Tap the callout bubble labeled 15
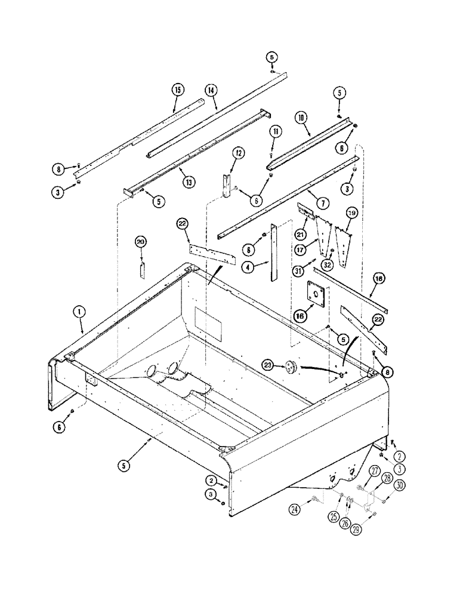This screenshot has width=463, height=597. (177, 90)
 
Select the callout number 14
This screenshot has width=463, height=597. (211, 90)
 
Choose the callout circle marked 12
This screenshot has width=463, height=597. (237, 153)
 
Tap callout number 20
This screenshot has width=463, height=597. (141, 242)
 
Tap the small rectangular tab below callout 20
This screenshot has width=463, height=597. (143, 269)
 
